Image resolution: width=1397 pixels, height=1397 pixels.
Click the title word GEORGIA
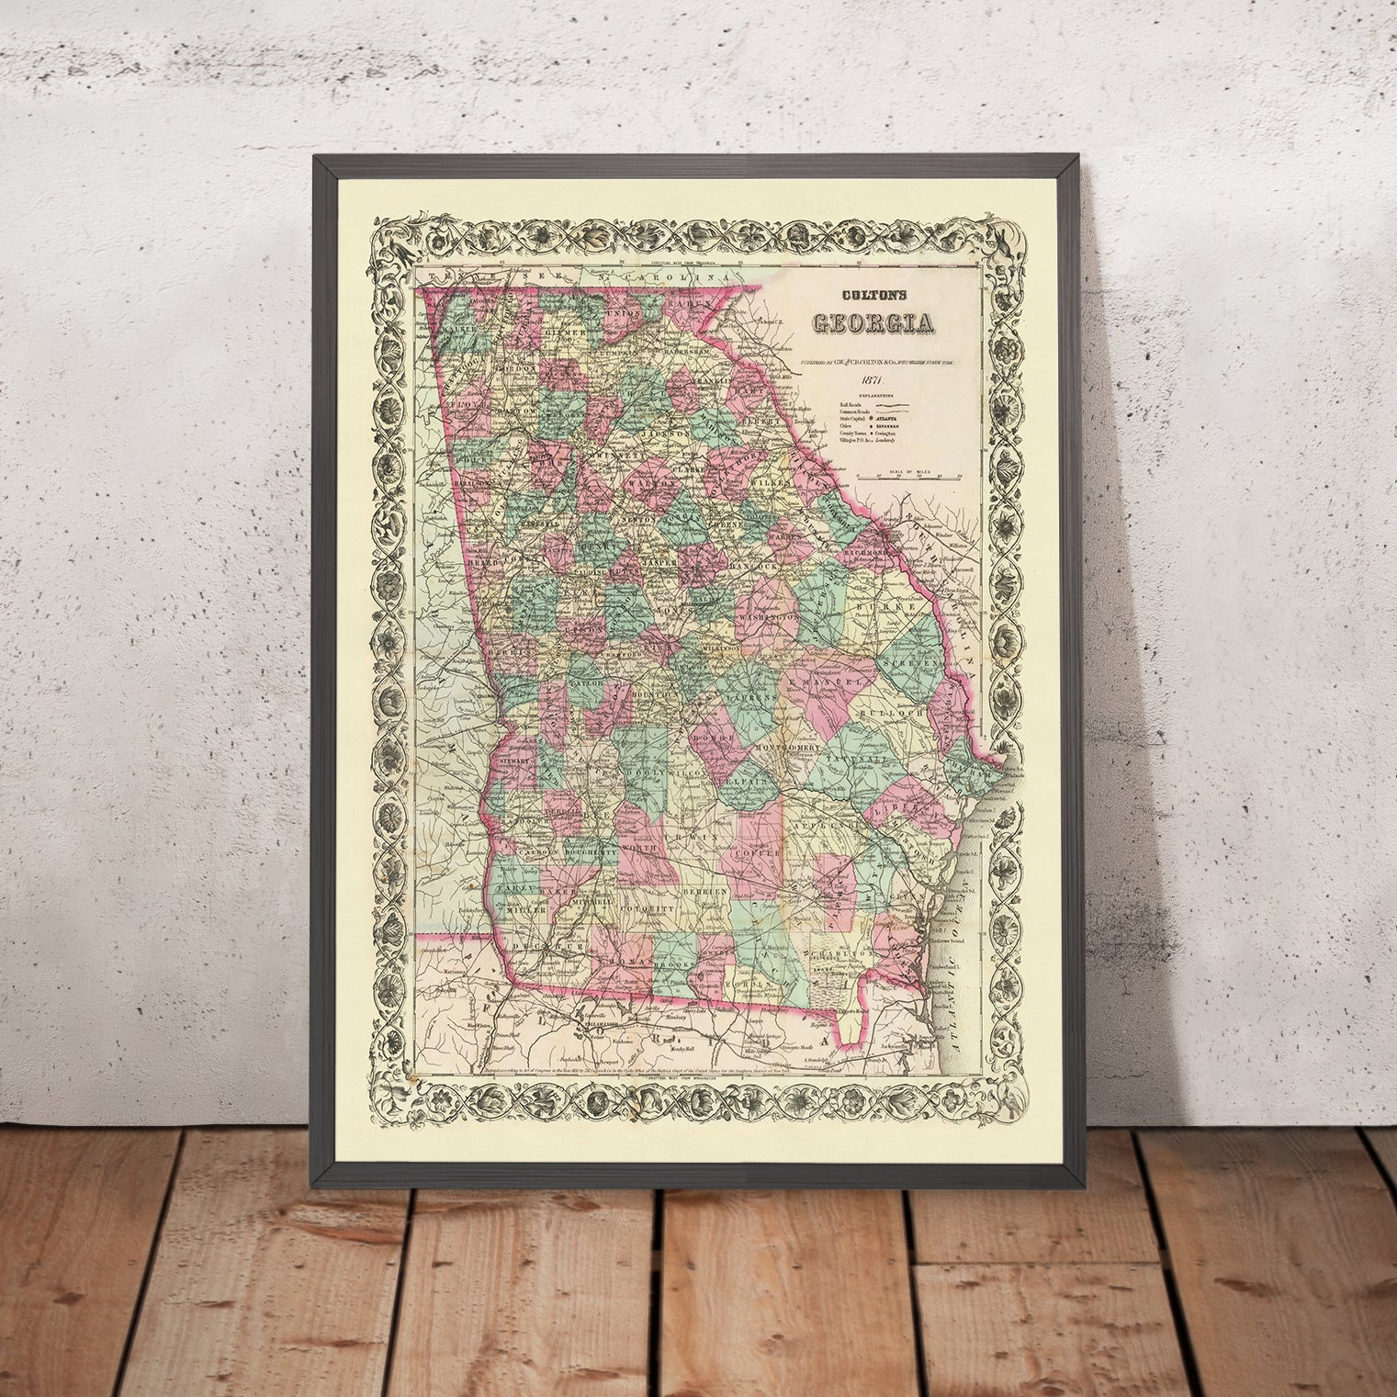pos(872,323)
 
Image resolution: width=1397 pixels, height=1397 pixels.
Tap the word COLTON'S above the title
pos(872,297)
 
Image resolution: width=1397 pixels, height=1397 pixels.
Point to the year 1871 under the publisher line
pos(872,382)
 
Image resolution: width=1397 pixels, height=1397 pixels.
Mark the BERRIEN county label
pos(704,892)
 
